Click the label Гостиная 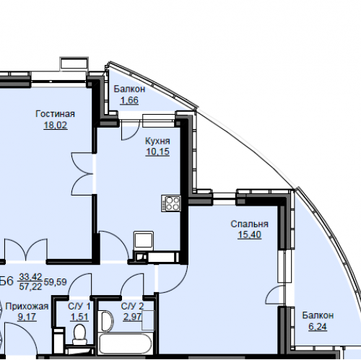(55, 114)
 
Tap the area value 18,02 (56, 125)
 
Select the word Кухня (157, 141)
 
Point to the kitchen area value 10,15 (157, 152)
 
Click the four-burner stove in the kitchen (171, 203)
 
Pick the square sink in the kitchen (144, 240)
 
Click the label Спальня (249, 224)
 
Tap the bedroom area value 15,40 (249, 234)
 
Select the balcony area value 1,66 (129, 100)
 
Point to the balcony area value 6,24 (318, 327)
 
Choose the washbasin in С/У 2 (107, 321)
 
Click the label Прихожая (27, 307)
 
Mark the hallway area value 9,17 (27, 317)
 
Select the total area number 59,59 (55, 282)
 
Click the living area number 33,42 (30, 277)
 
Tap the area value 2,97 (132, 317)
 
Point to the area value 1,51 (79, 317)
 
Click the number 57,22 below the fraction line (30, 286)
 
